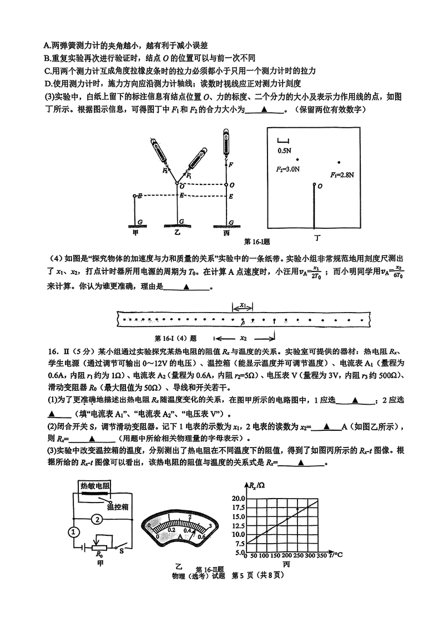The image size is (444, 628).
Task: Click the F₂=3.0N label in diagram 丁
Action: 287,168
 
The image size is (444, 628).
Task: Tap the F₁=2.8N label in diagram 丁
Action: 342,174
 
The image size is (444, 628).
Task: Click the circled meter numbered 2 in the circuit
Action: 97,520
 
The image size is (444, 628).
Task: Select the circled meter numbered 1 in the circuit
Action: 73,532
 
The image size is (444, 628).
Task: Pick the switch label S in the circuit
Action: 121,551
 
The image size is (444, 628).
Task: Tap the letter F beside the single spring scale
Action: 230,164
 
